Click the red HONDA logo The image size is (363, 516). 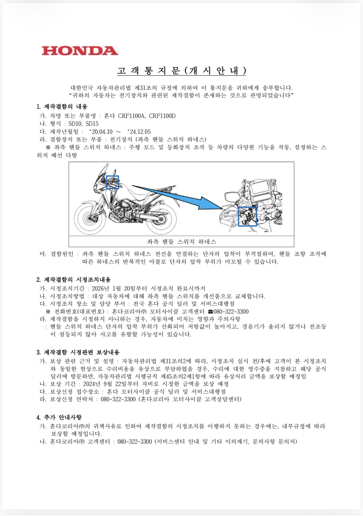(x=80, y=51)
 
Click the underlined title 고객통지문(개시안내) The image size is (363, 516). (x=181, y=71)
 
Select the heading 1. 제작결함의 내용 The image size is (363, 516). (x=62, y=107)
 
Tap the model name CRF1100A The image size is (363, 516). (x=131, y=116)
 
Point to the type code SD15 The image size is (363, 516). (x=92, y=124)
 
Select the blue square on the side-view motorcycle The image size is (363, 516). (x=112, y=182)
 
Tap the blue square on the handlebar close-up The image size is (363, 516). (x=247, y=216)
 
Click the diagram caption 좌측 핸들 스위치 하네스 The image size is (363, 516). (x=181, y=242)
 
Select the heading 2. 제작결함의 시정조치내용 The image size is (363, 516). (x=74, y=280)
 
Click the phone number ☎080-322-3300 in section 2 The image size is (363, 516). (x=228, y=312)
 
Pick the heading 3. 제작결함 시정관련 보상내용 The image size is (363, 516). (x=78, y=352)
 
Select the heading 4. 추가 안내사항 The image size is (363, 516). (x=59, y=417)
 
